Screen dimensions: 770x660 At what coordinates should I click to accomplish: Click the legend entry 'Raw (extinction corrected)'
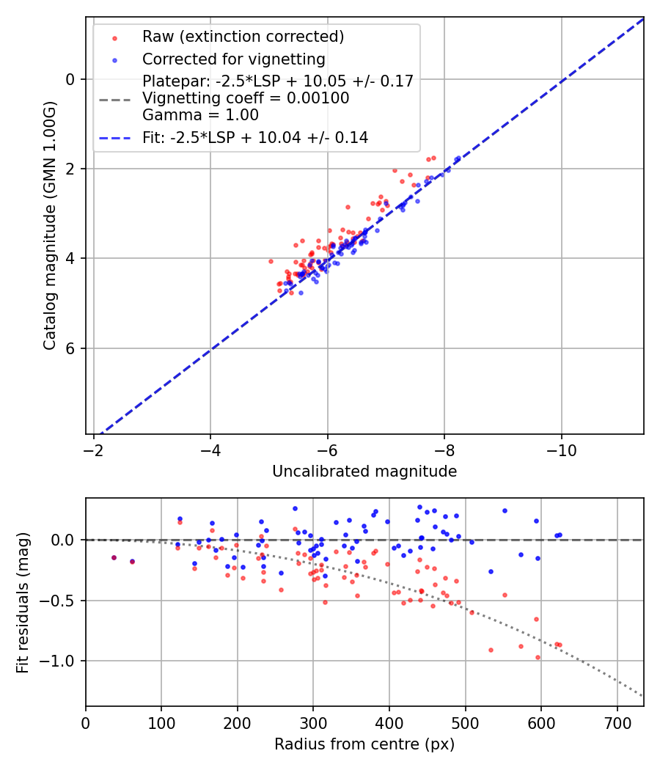coord(243,37)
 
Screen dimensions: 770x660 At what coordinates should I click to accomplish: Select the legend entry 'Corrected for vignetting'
coord(233,59)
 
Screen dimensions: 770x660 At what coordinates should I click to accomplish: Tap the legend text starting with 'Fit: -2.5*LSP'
coord(255,137)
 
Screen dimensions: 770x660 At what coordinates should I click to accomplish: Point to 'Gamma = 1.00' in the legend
coord(200,114)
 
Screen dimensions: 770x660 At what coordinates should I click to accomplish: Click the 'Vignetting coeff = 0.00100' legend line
coord(246,98)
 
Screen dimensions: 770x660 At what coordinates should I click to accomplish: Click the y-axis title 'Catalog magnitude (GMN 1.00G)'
coord(49,226)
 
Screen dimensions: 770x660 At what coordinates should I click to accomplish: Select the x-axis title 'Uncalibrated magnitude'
coord(364,472)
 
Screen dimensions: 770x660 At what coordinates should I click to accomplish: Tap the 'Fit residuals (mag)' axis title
coord(23,602)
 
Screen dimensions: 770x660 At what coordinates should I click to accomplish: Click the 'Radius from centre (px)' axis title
coord(364,744)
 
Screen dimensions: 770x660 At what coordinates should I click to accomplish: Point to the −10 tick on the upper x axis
coord(561,447)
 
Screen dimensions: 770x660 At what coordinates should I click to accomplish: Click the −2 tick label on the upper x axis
coord(94,447)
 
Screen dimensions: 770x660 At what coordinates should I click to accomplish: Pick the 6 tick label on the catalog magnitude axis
coord(71,348)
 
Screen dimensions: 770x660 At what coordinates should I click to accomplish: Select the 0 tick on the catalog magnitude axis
coord(71,79)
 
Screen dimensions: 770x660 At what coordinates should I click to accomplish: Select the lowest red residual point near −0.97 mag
coord(538,657)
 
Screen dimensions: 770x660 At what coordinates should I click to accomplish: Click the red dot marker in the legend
coord(114,37)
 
